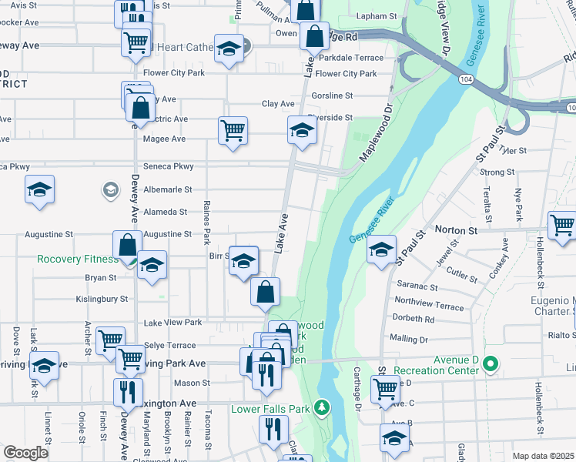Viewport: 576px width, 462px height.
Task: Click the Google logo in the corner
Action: pos(25,454)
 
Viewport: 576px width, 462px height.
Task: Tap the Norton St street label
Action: pos(457,229)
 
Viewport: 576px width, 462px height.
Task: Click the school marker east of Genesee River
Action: pos(380,249)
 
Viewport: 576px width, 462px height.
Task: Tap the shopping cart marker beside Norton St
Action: pos(561,226)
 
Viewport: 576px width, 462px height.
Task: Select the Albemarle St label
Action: pos(166,189)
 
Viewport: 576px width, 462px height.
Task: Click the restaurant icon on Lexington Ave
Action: pos(128,391)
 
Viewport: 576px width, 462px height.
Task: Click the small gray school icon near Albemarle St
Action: pos(110,189)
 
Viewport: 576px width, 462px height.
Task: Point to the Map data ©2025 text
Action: pos(543,456)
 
